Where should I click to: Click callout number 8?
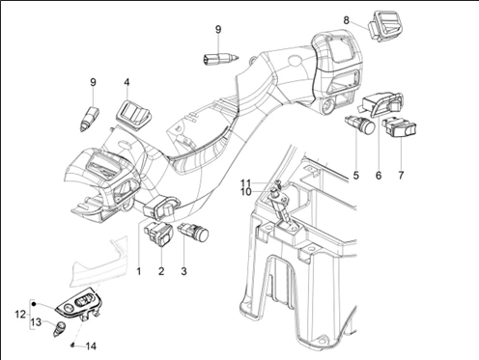tap(346, 20)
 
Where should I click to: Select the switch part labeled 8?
tap(384, 26)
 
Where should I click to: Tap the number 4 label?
tap(127, 82)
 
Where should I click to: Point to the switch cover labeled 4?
tap(133, 115)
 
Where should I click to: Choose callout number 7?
tap(401, 176)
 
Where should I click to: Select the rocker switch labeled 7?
tap(399, 127)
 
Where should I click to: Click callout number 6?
tap(379, 176)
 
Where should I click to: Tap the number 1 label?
tap(139, 271)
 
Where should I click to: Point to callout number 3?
tap(183, 271)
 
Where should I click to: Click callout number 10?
tap(246, 192)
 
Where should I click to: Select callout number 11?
tap(245, 183)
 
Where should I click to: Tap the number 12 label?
tap(20, 314)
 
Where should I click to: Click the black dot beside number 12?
tap(34, 304)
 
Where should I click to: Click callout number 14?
tap(91, 346)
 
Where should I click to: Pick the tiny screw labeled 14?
tap(72, 345)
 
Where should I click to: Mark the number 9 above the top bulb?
tap(218, 30)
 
